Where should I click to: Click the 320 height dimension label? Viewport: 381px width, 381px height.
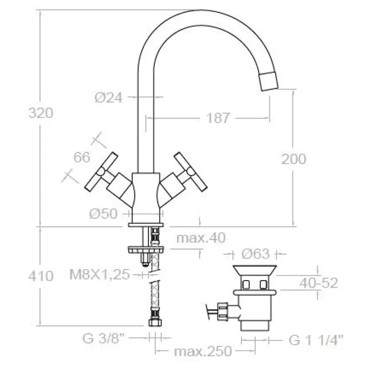pos(41,113)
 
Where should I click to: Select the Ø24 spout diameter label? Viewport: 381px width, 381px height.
pos(109,98)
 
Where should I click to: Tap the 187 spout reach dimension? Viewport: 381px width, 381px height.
pos(218,118)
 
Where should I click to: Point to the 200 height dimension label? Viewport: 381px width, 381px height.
pos(293,159)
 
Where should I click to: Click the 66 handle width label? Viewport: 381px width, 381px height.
pos(82,157)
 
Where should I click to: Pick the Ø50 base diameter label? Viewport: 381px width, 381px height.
pos(103,214)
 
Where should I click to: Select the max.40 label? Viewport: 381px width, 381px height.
pos(201,238)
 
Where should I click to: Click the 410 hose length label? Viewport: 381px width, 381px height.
pos(41,276)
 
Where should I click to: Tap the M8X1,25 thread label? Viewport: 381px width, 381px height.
pos(100,275)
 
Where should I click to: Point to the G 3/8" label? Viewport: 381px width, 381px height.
pos(103,338)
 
